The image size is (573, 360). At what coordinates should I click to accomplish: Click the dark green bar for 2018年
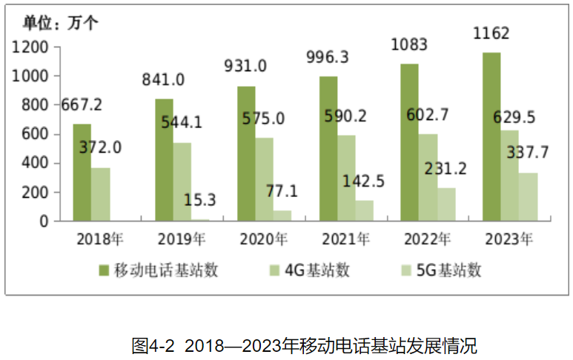tap(82, 173)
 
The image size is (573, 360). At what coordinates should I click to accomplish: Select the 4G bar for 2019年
tap(182, 181)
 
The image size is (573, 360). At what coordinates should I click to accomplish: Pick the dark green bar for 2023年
tap(491, 136)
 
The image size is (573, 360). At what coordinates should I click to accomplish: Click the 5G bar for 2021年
tap(364, 210)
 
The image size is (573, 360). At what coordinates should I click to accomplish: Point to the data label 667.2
tap(82, 104)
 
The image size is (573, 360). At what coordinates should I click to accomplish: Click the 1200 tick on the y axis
tap(30, 47)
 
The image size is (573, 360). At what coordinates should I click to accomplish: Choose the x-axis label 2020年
tap(264, 239)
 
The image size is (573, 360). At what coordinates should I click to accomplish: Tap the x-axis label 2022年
tap(426, 239)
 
